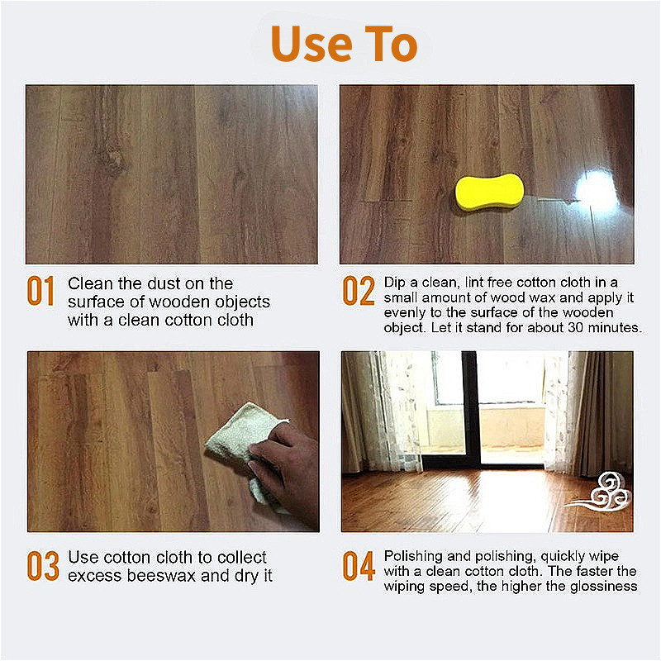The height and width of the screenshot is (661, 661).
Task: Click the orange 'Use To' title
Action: (344, 43)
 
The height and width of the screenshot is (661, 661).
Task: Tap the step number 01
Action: (40, 291)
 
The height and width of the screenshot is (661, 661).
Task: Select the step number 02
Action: (359, 291)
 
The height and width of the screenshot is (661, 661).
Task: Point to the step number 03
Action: (43, 566)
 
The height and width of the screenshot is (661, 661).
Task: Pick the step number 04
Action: (359, 566)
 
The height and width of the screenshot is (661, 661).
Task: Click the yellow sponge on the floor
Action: (489, 193)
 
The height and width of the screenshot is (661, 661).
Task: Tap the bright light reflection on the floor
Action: (597, 191)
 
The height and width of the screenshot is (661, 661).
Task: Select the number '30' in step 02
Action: (576, 327)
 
